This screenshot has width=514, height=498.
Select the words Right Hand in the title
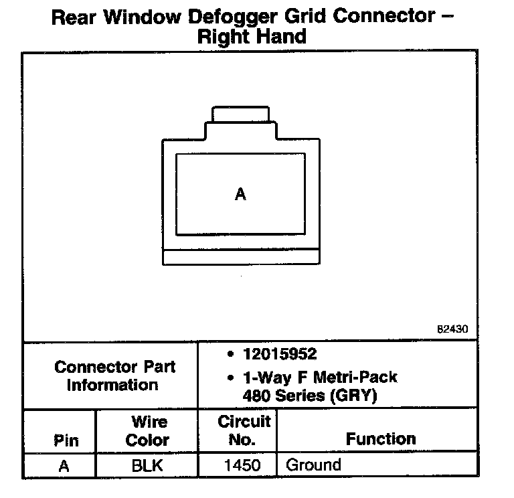[252, 36]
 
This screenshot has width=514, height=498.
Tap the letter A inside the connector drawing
[241, 195]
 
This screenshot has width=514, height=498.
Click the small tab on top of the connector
[241, 114]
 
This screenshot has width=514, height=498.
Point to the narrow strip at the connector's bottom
[241, 257]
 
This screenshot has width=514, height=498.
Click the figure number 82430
[452, 329]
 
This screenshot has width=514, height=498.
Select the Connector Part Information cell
[112, 376]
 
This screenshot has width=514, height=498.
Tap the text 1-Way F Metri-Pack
[319, 377]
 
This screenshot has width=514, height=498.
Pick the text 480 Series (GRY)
[310, 396]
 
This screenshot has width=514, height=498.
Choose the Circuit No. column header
[244, 430]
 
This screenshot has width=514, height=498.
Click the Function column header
[381, 439]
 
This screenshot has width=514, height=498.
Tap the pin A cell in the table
[64, 465]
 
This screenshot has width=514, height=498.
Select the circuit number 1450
[243, 465]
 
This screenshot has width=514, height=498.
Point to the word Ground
[313, 465]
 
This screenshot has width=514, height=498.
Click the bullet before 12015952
[230, 353]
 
